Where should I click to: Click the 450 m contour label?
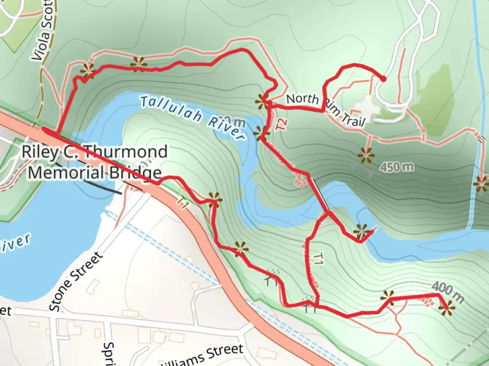[397, 167]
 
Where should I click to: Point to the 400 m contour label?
[448, 292]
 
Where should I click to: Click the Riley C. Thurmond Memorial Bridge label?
[94, 162]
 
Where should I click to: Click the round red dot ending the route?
[383, 79]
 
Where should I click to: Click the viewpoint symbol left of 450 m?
[366, 156]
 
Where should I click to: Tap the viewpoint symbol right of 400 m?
[446, 308]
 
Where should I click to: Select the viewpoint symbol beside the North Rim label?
[262, 101]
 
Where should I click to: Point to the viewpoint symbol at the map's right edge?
[482, 185]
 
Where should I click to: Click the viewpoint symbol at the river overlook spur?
[361, 232]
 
